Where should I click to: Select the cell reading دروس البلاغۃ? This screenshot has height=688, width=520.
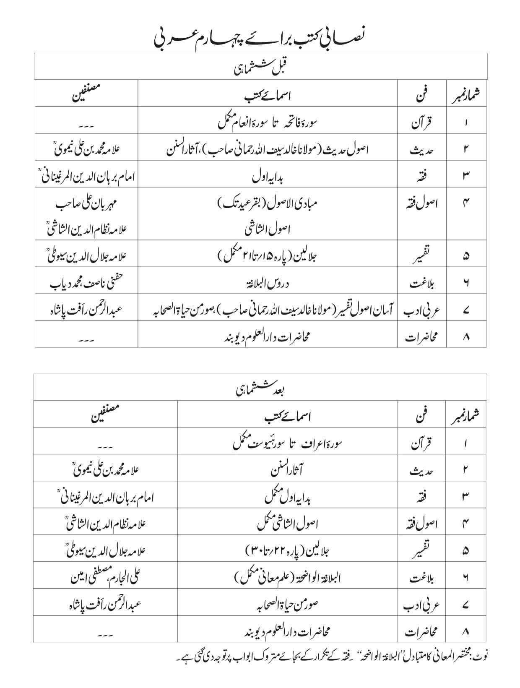coord(267,284)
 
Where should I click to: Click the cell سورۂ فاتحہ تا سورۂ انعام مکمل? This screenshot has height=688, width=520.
coord(268,122)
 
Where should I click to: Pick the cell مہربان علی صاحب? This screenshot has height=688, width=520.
coord(86,205)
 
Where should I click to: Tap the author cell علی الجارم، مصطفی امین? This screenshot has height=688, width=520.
coord(105,577)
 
